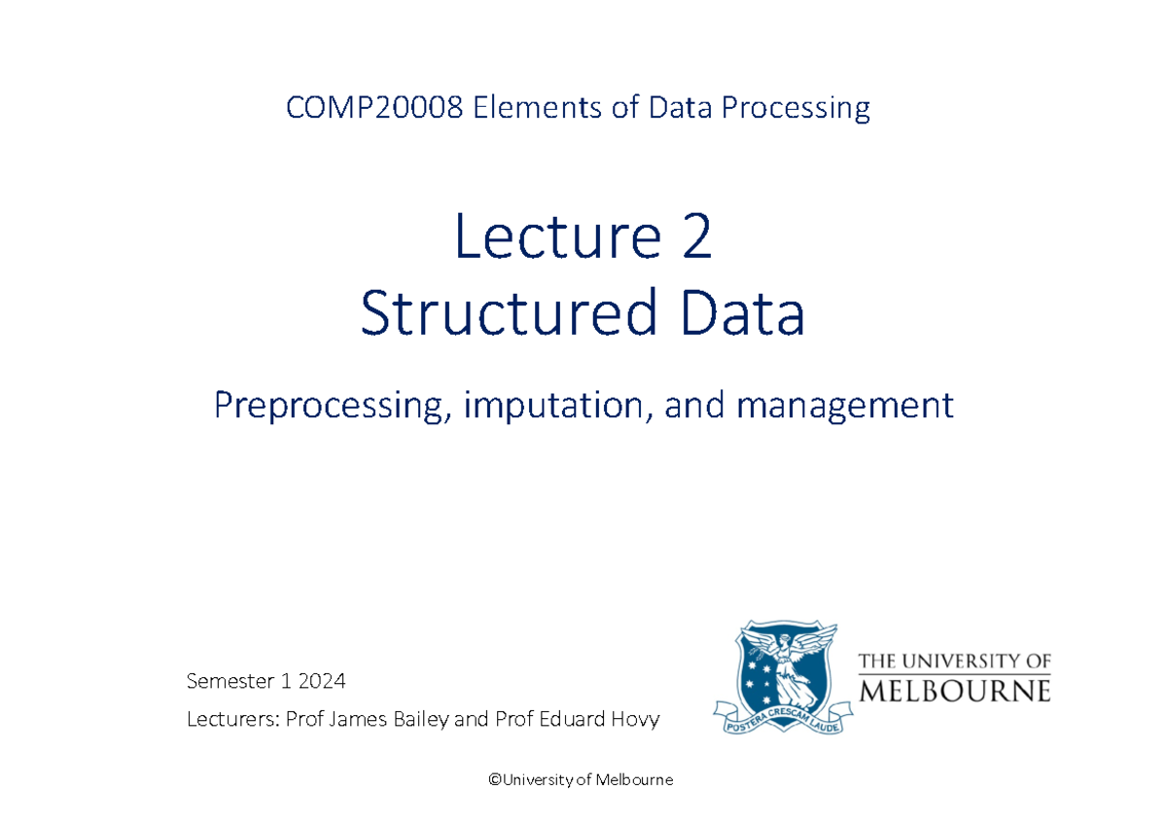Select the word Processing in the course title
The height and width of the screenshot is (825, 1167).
796,107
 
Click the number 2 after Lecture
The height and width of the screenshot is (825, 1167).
696,239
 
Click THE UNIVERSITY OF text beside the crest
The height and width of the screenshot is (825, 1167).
954,662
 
